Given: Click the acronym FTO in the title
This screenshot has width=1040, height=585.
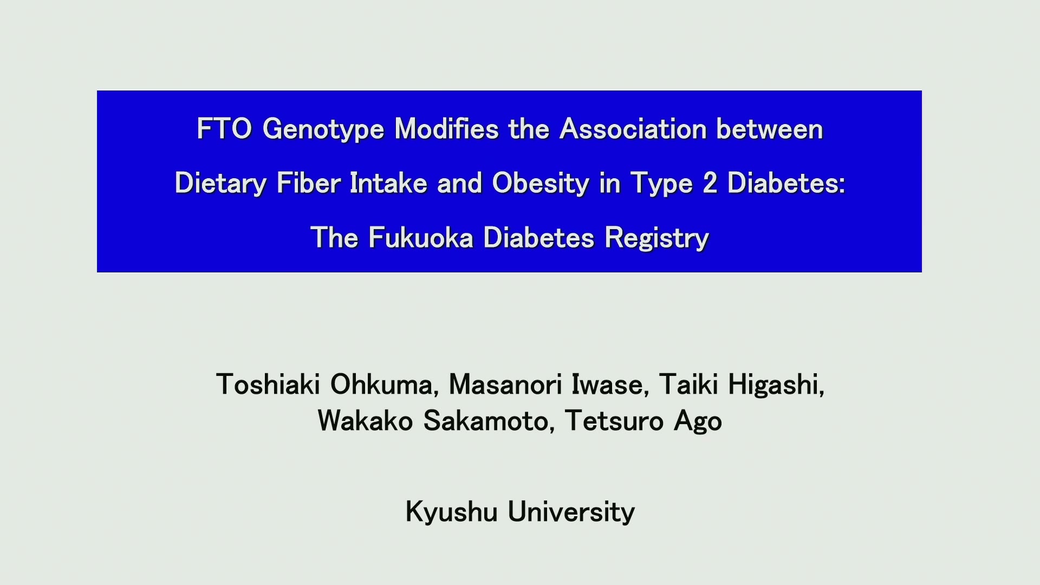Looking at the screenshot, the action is pyautogui.click(x=224, y=129).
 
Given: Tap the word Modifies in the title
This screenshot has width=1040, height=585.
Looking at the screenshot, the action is pyautogui.click(x=446, y=129).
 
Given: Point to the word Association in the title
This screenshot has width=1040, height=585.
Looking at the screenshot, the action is pyautogui.click(x=633, y=129).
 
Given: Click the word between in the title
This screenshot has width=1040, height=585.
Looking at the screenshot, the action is pyautogui.click(x=770, y=129).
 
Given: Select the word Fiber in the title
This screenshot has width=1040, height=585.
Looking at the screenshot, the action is pyautogui.click(x=308, y=183).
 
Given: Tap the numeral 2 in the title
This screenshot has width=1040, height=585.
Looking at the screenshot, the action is pyautogui.click(x=710, y=183).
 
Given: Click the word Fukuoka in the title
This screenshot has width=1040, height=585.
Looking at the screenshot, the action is pyautogui.click(x=421, y=237).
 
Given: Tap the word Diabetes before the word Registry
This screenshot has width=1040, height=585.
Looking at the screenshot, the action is pyautogui.click(x=539, y=237).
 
